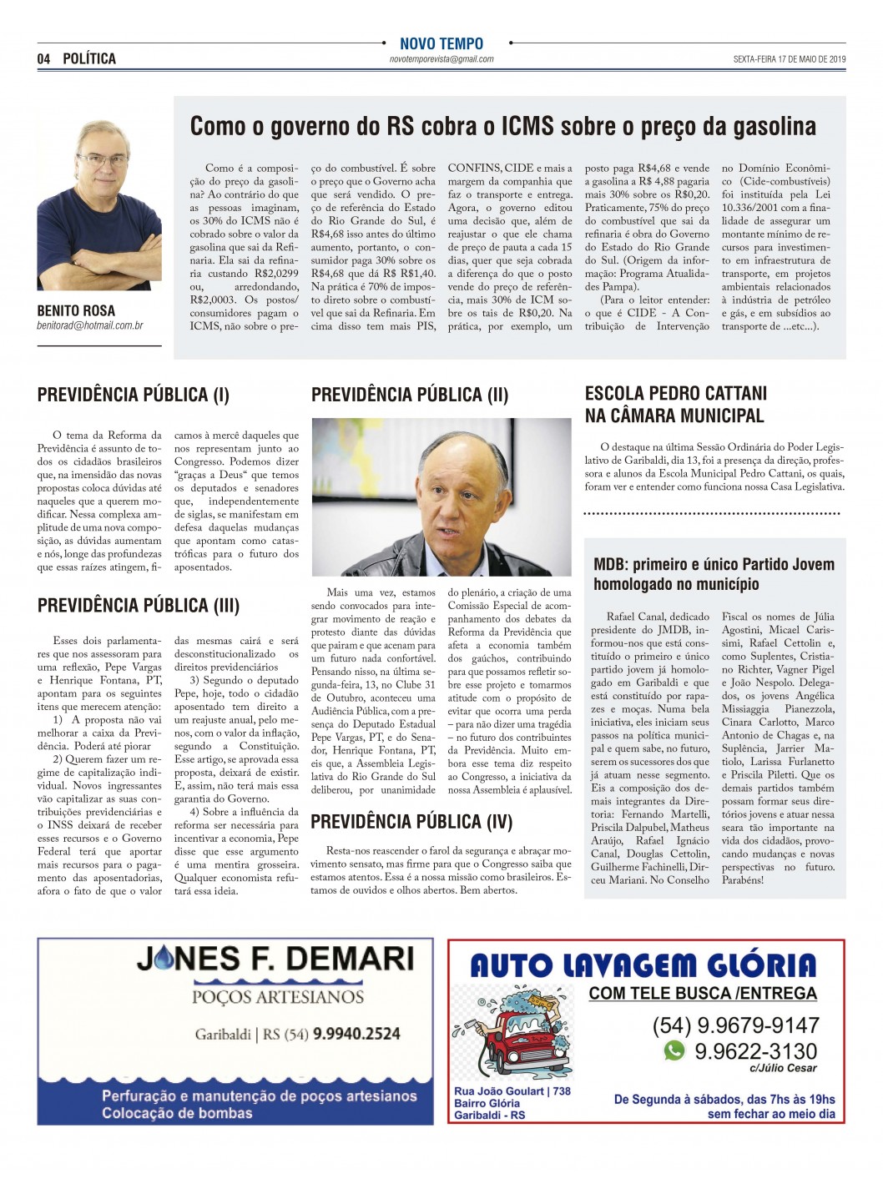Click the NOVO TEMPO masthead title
click(x=441, y=43)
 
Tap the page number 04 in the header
click(x=44, y=58)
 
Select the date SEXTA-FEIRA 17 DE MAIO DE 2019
click(x=789, y=59)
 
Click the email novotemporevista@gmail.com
click(x=441, y=59)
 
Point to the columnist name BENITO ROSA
click(x=76, y=310)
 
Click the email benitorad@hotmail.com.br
click(x=89, y=325)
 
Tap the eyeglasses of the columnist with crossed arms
click(x=102, y=159)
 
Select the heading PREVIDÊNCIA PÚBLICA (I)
click(x=133, y=395)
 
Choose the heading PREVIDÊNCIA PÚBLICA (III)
click(x=139, y=606)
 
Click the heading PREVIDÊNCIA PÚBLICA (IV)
click(x=411, y=822)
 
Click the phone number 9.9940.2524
click(x=356, y=1034)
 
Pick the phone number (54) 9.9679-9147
click(x=735, y=1025)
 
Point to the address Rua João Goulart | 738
click(x=512, y=1091)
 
